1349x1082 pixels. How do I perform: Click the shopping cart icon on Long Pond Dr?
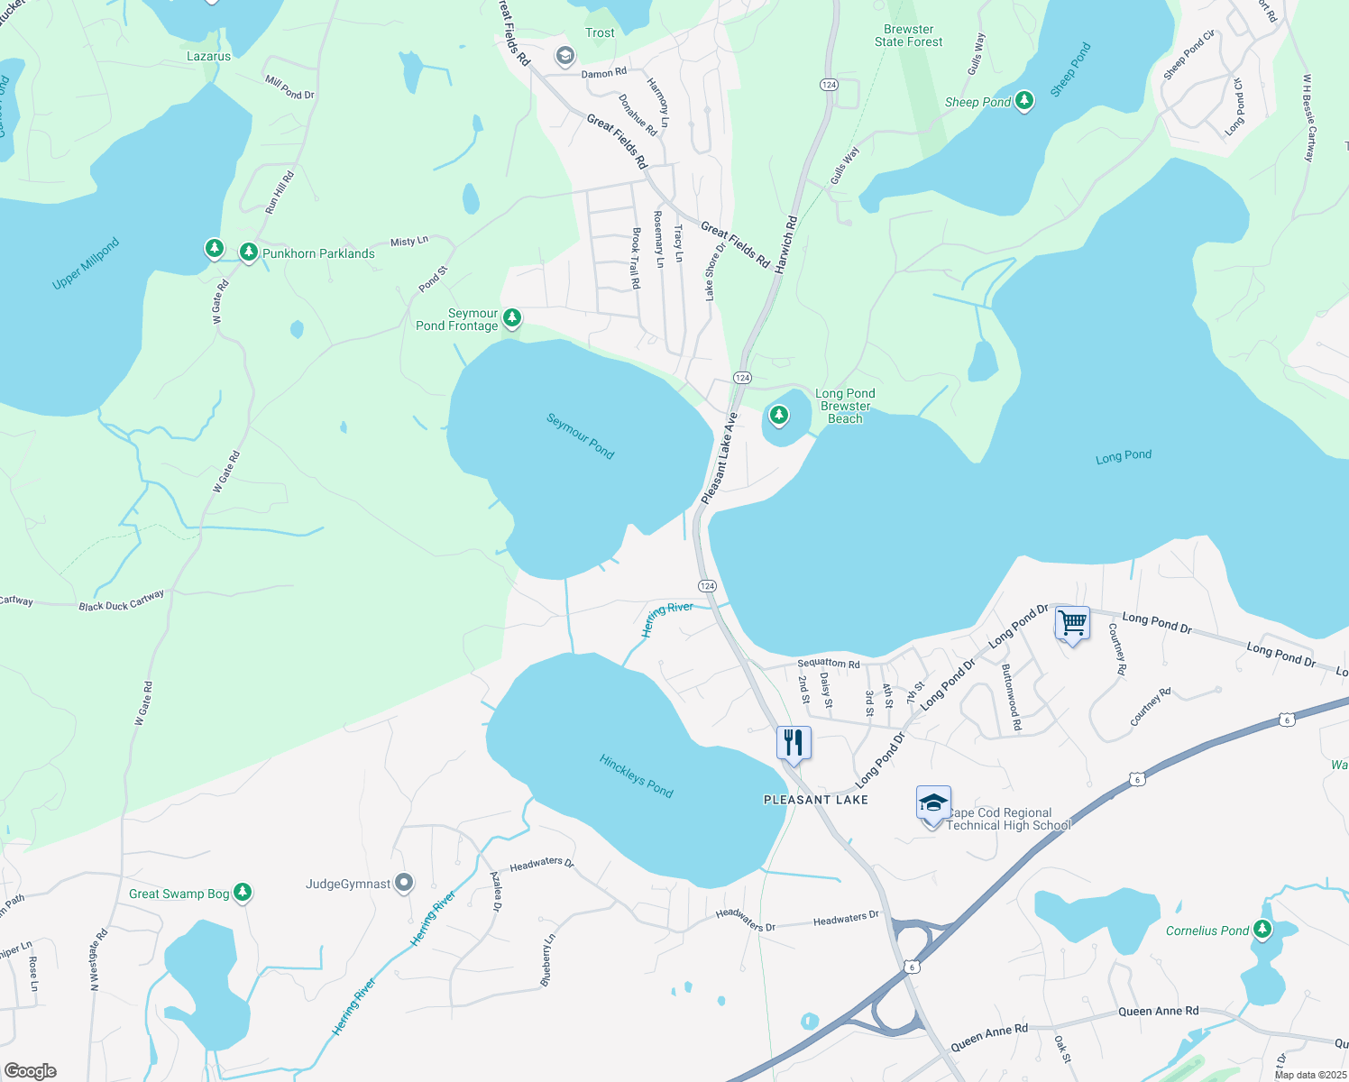1072,622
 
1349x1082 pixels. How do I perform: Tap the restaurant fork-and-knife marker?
794,742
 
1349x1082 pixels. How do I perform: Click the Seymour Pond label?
581,436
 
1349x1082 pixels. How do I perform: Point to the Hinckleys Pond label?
637,775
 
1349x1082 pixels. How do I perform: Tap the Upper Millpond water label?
86,264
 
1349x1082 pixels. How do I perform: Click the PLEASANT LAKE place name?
815,800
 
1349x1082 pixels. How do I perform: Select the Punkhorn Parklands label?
318,253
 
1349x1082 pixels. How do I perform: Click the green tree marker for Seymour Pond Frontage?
512,317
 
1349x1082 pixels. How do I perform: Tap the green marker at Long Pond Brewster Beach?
778,416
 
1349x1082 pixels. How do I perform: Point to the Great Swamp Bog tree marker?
243,893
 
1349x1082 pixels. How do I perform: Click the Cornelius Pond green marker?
1262,929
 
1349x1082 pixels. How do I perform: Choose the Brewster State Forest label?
908,36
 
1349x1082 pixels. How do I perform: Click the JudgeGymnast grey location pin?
404,883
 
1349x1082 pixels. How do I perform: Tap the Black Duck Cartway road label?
122,601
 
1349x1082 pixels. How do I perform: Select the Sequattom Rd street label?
828,664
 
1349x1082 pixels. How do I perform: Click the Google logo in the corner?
31,1071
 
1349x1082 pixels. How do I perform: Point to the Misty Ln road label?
408,242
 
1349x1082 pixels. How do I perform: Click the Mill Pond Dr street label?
289,87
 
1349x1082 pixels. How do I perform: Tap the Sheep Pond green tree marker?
1023,101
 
